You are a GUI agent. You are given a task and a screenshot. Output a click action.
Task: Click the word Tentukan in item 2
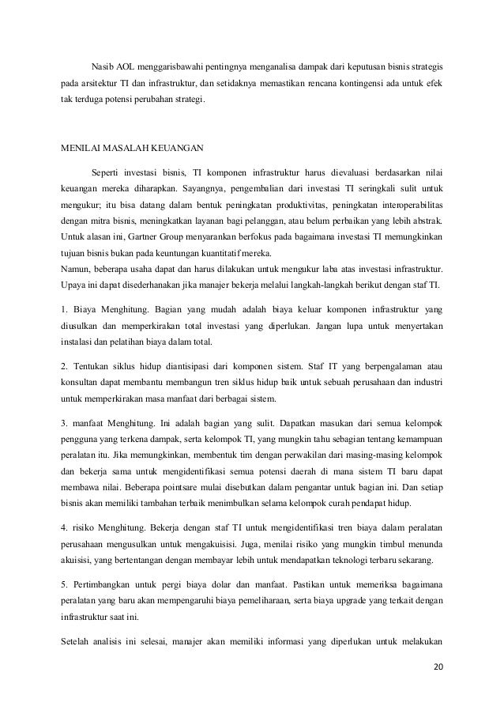click(x=96, y=366)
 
